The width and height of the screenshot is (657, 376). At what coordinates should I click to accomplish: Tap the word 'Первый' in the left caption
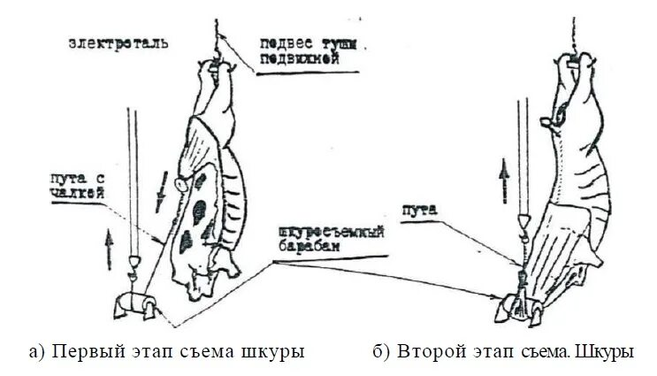[x=82, y=351]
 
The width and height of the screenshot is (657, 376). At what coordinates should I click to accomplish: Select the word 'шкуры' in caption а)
[x=279, y=351]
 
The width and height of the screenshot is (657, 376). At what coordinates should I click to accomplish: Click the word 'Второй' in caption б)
[x=426, y=351]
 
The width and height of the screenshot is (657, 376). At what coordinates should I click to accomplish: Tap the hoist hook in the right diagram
[x=523, y=225]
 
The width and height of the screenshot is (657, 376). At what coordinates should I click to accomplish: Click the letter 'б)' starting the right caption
[x=380, y=351]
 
